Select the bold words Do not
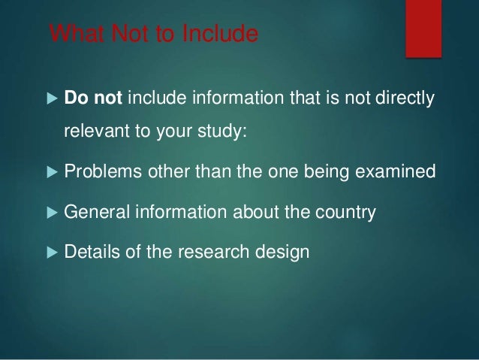89,99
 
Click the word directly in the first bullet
406,99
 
